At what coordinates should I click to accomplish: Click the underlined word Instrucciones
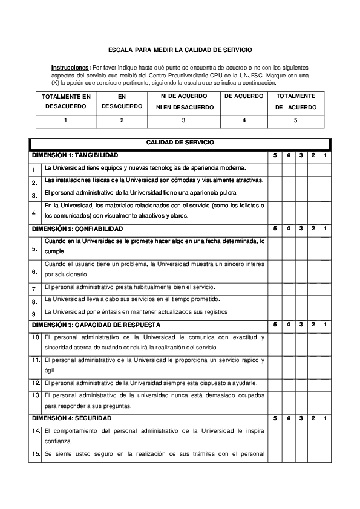pyautogui.click(x=70, y=68)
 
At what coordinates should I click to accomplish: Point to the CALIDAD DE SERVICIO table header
pyautogui.click(x=180, y=143)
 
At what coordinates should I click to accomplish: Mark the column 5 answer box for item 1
pyautogui.click(x=275, y=169)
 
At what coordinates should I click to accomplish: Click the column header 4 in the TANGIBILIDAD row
pyautogui.click(x=288, y=156)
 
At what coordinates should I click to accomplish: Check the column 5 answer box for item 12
pyautogui.click(x=275, y=383)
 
